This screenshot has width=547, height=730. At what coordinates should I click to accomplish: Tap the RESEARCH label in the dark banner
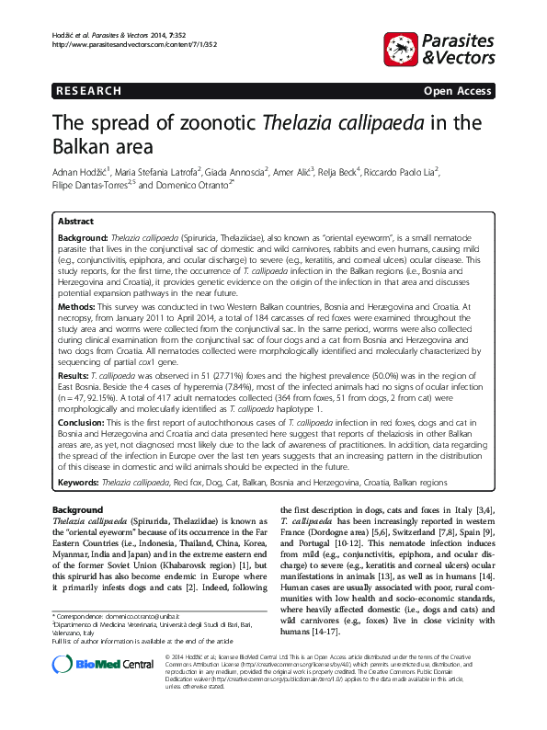pyautogui.click(x=89, y=91)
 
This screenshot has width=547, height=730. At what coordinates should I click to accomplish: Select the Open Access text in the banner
pyautogui.click(x=456, y=91)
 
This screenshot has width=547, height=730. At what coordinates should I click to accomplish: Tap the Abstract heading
pyautogui.click(x=75, y=222)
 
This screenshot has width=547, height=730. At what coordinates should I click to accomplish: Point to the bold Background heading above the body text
pyautogui.click(x=77, y=509)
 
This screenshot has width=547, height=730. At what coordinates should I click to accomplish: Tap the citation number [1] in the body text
pyautogui.click(x=219, y=569)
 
